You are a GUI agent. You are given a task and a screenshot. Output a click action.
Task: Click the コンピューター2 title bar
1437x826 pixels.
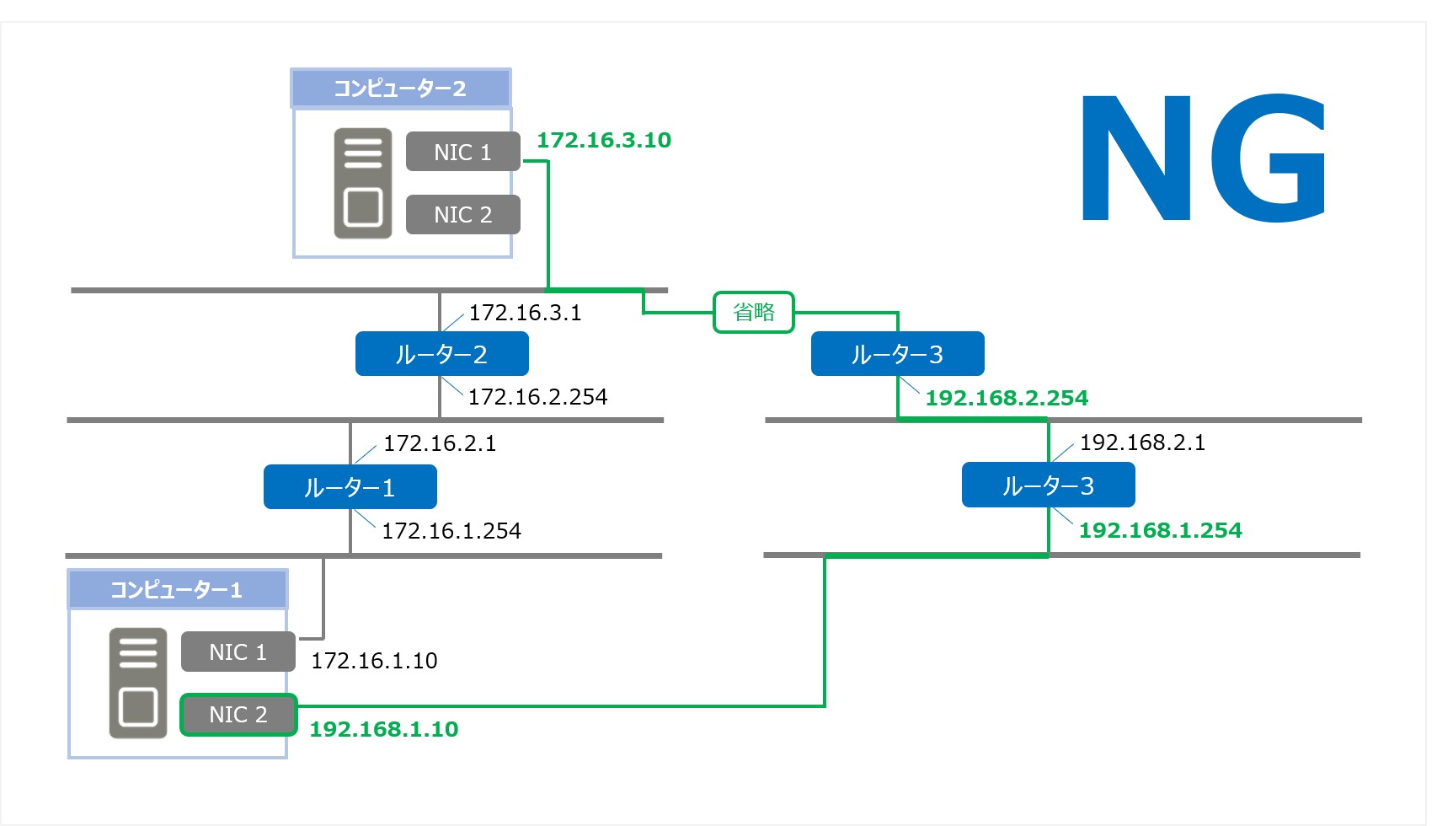click(400, 88)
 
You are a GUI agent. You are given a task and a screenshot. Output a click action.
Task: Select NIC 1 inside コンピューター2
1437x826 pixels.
click(462, 152)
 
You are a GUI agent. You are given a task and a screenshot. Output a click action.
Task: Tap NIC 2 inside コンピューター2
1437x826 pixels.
click(462, 215)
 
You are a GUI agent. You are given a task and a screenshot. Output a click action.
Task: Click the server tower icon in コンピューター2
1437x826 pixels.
click(363, 184)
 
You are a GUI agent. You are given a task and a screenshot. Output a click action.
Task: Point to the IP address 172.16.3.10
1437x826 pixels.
click(604, 140)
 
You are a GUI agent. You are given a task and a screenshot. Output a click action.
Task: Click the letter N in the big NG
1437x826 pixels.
click(1136, 158)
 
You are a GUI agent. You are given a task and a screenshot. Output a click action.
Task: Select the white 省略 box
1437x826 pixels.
click(754, 313)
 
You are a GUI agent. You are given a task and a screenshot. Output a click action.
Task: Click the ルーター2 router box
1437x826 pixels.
click(441, 354)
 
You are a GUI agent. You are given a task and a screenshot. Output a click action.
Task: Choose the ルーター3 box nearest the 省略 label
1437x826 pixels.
click(897, 354)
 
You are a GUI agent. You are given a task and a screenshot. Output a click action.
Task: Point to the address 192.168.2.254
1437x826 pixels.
click(1007, 398)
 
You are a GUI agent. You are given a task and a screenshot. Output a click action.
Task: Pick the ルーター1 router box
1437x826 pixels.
click(350, 487)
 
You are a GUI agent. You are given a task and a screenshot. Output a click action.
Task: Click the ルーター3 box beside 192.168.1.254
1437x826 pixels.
click(1048, 485)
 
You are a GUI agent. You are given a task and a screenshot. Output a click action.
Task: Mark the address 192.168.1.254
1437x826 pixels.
click(1160, 530)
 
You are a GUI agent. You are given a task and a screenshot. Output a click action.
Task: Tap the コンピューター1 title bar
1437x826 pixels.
click(177, 589)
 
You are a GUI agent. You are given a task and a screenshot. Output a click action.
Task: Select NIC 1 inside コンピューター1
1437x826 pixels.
click(238, 652)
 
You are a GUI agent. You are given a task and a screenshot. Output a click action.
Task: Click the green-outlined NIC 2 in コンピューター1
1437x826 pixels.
click(238, 715)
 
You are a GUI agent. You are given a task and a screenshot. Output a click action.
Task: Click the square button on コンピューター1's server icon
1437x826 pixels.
click(138, 706)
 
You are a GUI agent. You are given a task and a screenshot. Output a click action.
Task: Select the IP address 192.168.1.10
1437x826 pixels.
click(384, 729)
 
